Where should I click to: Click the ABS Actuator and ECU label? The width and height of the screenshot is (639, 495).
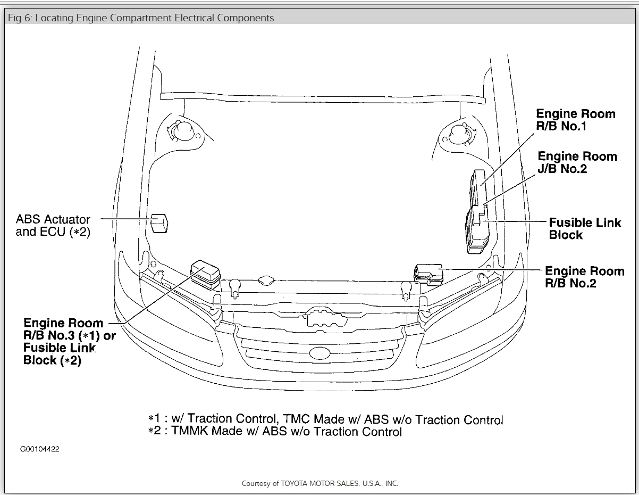(53, 226)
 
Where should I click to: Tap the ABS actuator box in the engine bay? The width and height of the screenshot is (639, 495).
(159, 222)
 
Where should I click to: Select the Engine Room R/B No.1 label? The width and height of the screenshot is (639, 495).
(575, 120)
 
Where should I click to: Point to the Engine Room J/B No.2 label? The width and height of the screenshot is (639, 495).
(577, 162)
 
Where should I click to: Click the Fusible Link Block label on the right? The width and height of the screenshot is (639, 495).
(584, 228)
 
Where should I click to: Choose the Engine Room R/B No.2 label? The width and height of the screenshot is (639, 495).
(584, 277)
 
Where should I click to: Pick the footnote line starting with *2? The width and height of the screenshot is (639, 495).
(275, 431)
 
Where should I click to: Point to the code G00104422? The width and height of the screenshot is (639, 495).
(40, 449)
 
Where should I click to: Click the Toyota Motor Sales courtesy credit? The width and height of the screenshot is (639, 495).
(319, 483)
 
